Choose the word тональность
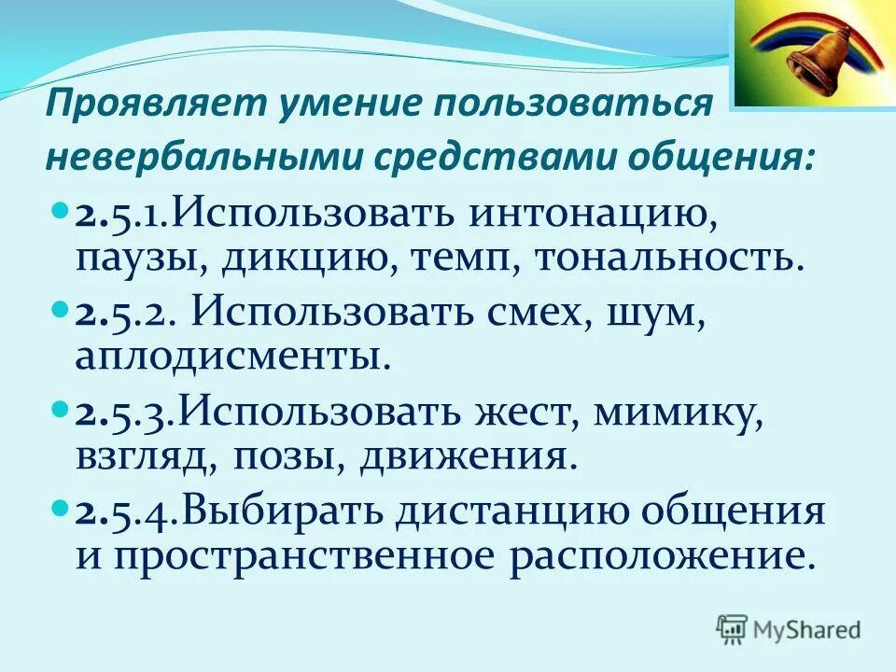pyautogui.click(x=668, y=256)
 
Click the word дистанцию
pyautogui.click(x=515, y=513)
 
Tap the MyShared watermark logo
pyautogui.click(x=789, y=628)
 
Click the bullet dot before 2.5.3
pyautogui.click(x=59, y=411)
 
